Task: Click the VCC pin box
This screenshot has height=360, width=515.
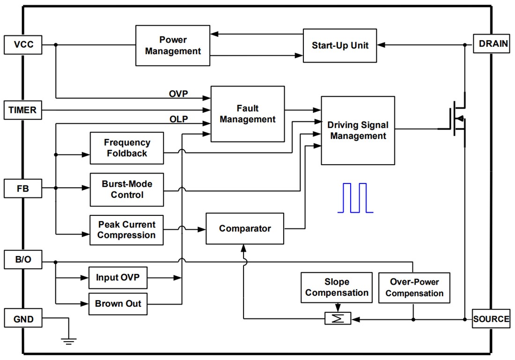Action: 23,45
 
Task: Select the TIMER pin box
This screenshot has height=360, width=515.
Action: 22,110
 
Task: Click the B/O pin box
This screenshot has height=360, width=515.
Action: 23,260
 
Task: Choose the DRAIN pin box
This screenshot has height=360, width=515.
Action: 492,44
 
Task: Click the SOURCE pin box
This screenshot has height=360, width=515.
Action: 491,319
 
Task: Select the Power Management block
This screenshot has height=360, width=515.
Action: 173,45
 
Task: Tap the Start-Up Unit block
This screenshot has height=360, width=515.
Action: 340,45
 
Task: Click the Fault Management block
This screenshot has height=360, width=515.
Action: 248,114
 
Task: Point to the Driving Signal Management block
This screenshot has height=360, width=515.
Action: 358,131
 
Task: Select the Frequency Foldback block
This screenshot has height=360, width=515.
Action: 127,148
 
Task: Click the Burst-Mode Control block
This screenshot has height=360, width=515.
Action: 127,189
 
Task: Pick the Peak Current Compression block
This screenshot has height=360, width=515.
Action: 127,229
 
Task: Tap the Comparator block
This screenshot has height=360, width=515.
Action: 245,228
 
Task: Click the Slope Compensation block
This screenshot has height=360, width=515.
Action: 337,287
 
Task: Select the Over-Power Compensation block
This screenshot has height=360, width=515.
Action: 414,287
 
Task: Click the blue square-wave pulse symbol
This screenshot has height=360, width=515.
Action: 355,198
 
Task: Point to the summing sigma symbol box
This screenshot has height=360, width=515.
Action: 338,318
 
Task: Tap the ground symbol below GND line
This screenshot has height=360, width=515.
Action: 69,340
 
